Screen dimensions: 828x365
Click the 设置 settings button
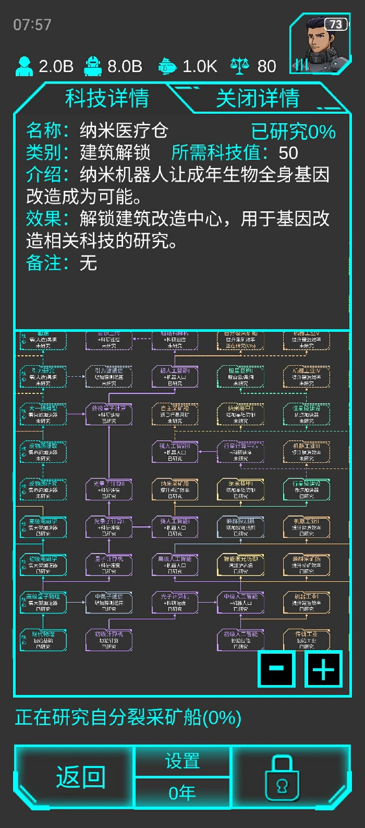(182, 761)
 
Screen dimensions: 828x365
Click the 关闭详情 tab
(258, 98)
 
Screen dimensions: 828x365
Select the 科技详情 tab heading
(107, 98)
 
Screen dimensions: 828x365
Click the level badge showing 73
(336, 24)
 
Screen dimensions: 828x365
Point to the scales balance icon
(239, 66)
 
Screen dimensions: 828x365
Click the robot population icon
(93, 66)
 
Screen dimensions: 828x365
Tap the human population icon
(24, 66)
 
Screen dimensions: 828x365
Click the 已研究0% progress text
(293, 132)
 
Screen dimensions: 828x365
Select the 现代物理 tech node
(43, 640)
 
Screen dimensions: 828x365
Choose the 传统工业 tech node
(307, 640)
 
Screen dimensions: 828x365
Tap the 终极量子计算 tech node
(109, 414)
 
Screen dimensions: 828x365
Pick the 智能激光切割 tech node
(240, 565)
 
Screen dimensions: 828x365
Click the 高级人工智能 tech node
(175, 565)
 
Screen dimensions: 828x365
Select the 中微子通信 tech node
(109, 603)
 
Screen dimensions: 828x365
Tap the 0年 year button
(182, 793)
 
